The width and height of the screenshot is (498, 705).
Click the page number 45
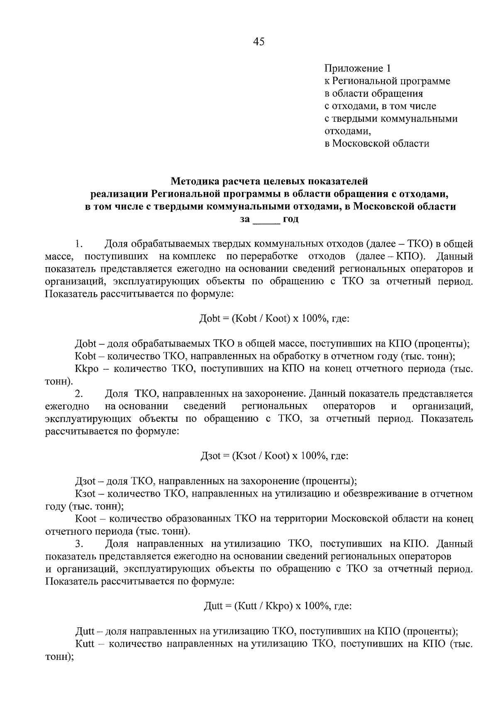pyautogui.click(x=258, y=42)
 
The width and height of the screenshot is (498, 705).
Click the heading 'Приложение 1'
pyautogui.click(x=357, y=68)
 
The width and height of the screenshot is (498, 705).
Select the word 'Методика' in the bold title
pyautogui.click(x=196, y=181)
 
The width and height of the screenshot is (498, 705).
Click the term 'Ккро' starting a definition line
pyautogui.click(x=87, y=369)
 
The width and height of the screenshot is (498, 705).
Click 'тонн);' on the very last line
pyautogui.click(x=59, y=657)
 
